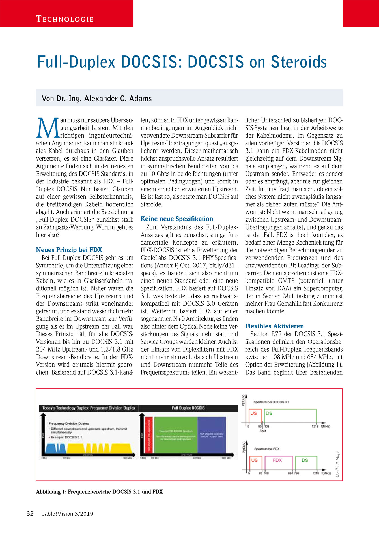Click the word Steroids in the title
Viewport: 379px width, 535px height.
[299, 62]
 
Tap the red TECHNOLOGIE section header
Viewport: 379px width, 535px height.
[65, 19]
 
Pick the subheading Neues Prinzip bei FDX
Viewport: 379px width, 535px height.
[69, 250]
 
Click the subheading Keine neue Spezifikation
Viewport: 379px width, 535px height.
[177, 219]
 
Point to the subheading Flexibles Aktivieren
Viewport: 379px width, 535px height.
[274, 326]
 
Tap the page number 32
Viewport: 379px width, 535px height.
[30, 514]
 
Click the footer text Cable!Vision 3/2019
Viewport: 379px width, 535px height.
[67, 514]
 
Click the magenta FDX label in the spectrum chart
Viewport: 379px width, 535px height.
[277, 460]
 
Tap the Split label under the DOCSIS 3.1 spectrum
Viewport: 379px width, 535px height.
[262, 431]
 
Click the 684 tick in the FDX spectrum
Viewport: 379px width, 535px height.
[290, 473]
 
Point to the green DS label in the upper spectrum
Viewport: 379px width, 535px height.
[269, 413]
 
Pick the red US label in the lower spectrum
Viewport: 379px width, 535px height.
[254, 460]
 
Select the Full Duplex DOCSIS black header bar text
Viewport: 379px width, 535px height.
[188, 408]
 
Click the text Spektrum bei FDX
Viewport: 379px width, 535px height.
[267, 449]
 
